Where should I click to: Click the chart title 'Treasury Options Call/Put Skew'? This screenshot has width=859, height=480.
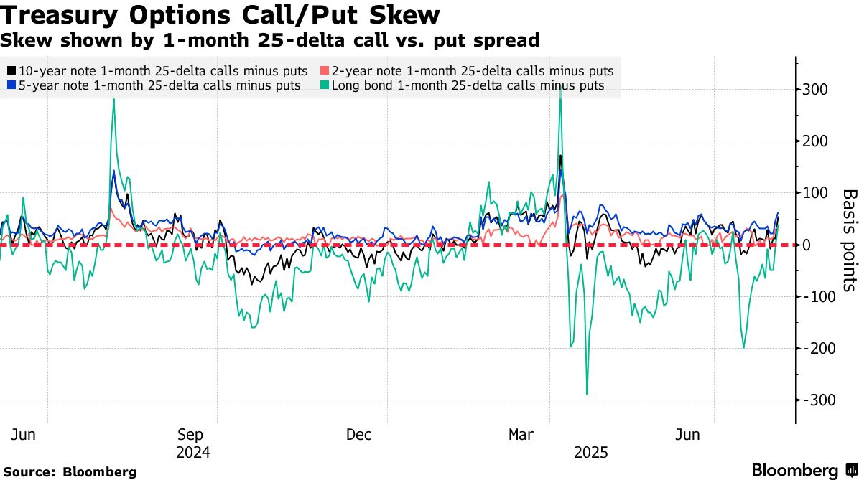click(220, 14)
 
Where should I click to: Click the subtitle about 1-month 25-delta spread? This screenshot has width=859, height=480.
click(269, 40)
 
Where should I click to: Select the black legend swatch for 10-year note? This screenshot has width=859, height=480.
click(11, 71)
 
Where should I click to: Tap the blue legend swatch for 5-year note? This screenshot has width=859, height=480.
click(11, 85)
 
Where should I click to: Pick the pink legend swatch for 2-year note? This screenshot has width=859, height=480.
click(325, 71)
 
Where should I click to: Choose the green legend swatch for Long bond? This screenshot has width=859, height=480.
click(325, 85)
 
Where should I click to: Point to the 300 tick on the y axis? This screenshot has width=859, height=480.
click(814, 90)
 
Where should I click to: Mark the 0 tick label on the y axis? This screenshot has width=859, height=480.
click(808, 245)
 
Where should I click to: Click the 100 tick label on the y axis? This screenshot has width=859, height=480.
click(814, 193)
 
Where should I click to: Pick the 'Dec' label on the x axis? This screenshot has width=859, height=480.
click(358, 435)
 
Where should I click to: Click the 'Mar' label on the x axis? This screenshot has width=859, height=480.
click(521, 435)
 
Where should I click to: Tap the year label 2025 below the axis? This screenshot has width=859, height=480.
click(590, 453)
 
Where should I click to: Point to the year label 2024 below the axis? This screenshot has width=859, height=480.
click(192, 453)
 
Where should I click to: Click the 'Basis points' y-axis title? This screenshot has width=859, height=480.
click(849, 240)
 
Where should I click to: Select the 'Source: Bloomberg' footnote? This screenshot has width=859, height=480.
click(70, 472)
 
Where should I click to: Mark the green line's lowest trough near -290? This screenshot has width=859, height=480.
click(587, 394)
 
